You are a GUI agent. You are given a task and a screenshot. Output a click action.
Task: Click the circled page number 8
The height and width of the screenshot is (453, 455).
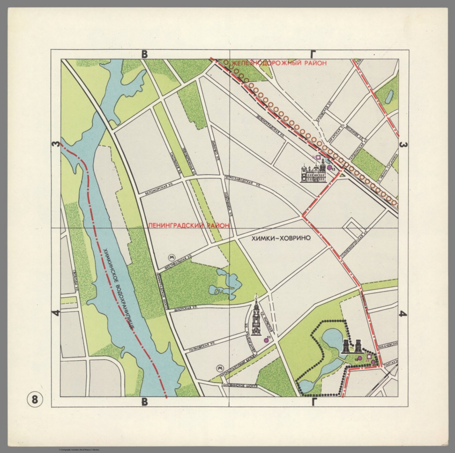point(35,400)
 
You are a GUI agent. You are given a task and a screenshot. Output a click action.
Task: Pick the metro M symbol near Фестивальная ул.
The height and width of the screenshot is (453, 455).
point(172,249)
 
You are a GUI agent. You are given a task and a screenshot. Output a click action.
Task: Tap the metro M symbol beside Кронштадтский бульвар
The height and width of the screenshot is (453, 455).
point(220,368)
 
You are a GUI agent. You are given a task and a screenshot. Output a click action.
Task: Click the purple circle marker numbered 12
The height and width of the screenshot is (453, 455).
point(329,168)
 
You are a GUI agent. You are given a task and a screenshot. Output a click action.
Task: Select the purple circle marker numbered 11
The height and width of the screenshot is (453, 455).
point(266,340)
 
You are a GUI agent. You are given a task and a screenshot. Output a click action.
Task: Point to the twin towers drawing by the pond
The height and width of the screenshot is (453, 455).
point(352,346)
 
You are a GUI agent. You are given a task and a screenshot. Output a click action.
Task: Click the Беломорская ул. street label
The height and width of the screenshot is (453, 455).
point(159,189)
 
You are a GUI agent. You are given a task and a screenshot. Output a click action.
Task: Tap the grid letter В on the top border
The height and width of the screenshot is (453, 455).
point(144,54)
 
